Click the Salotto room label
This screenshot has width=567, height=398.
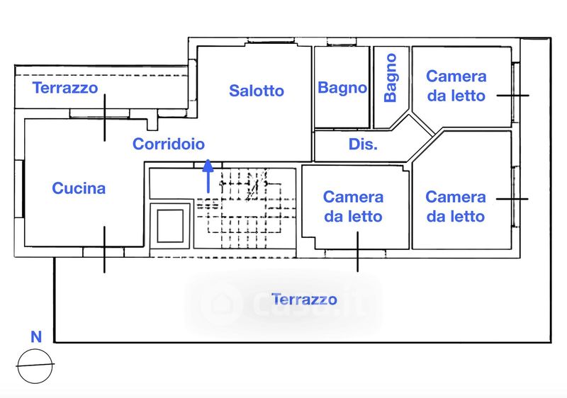click(x=257, y=91)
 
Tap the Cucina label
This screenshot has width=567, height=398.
click(x=79, y=188)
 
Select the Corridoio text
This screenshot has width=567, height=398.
click(x=169, y=144)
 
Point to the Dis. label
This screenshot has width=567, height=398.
click(x=363, y=144)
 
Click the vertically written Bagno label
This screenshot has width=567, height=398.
click(x=391, y=78)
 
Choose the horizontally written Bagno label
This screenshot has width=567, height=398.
click(x=342, y=88)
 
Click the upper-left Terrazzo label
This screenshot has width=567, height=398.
click(x=65, y=88)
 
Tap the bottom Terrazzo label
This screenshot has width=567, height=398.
click(x=304, y=300)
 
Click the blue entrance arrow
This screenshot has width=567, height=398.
click(x=208, y=176)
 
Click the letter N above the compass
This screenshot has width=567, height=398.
click(x=36, y=336)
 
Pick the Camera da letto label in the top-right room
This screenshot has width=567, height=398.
click(x=456, y=86)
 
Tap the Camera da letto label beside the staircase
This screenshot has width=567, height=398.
click(x=353, y=207)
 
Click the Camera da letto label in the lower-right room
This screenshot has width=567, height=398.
click(x=456, y=207)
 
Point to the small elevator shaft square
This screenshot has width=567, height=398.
click(x=170, y=226)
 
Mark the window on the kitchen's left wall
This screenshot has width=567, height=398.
click(x=19, y=189)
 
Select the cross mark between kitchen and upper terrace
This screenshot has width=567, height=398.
click(x=105, y=118)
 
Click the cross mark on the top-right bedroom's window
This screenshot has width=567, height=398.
click(x=512, y=96)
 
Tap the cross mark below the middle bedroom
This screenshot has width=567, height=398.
click(x=358, y=251)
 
